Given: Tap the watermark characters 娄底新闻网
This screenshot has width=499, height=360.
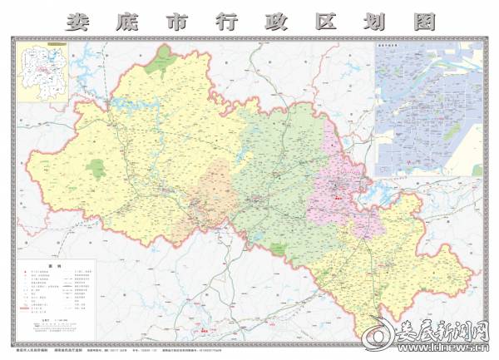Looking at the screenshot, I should coord(440,328).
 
